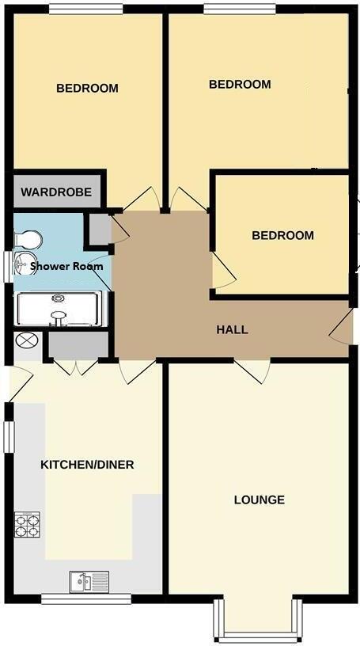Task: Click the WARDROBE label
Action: coord(56,192)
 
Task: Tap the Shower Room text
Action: coord(66,266)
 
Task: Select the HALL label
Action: coord(232,329)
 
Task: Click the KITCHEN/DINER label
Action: coord(87,464)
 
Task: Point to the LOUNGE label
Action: coord(259,500)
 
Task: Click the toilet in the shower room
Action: coord(28,238)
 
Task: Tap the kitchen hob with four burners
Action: coord(28,524)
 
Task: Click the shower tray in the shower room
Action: coord(59,309)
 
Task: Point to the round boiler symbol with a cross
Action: coord(26,341)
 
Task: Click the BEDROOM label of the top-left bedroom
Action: coord(87,88)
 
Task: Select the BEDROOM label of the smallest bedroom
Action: coord(282,235)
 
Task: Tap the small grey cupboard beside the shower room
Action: coord(100,229)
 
